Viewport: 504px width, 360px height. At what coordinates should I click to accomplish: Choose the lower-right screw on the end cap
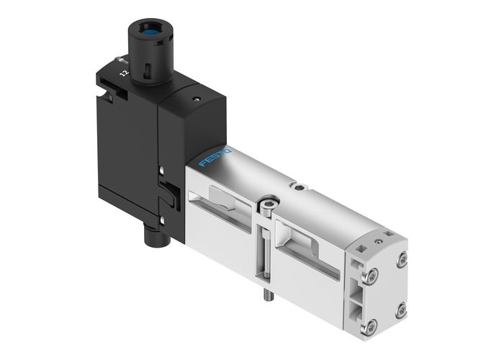pyautogui.click(x=400, y=310)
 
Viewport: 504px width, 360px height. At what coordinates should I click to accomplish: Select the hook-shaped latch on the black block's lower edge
pyautogui.click(x=167, y=194)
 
